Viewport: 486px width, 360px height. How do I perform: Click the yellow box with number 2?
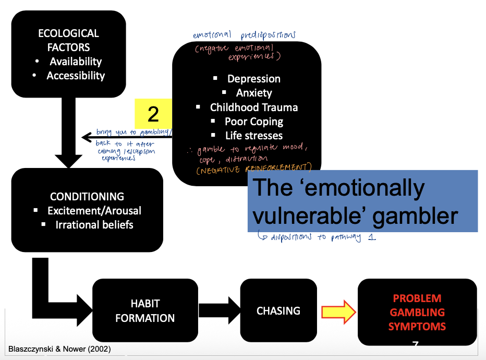pos(153,114)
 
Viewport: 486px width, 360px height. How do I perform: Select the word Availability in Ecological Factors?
pos(76,62)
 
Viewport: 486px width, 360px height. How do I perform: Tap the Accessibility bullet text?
pos(76,76)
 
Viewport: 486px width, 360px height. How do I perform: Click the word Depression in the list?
pos(253,79)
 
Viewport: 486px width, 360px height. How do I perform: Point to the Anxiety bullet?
pos(254,93)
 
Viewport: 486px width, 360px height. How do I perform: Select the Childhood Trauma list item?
pos(254,107)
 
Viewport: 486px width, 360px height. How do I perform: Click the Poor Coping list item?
pos(254,122)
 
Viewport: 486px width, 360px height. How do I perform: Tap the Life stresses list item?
pos(254,136)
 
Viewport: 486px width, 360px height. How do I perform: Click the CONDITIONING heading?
pos(87,197)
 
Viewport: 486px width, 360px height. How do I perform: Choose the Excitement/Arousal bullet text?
pos(94,211)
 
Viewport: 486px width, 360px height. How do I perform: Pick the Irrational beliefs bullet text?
pos(94,225)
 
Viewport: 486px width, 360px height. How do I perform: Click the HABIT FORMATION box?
pos(145,310)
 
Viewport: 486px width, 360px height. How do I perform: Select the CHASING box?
pos(278,311)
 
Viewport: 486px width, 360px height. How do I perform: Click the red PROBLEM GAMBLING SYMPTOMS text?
pos(417,313)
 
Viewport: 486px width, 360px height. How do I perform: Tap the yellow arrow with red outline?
pos(338,312)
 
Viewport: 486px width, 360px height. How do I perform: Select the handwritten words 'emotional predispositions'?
pos(244,35)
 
